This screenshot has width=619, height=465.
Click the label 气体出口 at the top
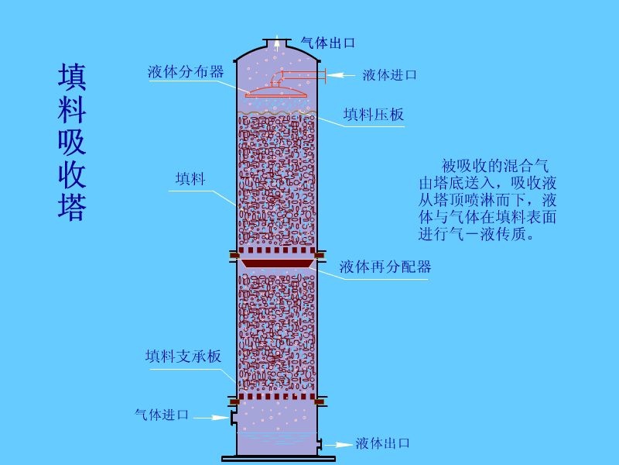tap(328, 43)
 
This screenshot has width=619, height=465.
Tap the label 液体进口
tap(390, 74)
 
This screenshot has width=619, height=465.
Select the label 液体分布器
tap(186, 71)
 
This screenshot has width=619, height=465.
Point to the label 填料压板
tap(374, 115)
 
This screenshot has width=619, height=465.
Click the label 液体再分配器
tap(385, 267)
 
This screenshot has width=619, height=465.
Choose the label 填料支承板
tap(183, 356)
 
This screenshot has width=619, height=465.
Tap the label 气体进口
tap(162, 415)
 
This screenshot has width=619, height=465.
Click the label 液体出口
tap(382, 443)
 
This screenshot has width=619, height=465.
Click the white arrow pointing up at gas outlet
tap(278, 43)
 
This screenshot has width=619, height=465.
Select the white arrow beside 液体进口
tap(341, 74)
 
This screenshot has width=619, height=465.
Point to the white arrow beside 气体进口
tap(211, 418)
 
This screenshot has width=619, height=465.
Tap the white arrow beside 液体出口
tap(338, 445)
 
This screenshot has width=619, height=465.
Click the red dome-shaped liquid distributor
tap(276, 91)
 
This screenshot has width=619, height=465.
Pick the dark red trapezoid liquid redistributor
tap(277, 263)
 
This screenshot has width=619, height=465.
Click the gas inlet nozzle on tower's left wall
tap(234, 417)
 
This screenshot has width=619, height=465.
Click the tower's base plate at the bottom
tap(278, 459)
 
